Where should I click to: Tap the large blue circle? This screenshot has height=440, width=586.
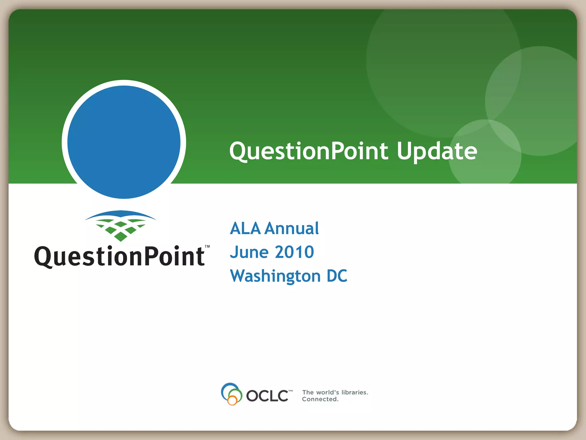(x=124, y=142)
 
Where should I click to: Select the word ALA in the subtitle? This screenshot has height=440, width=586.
(x=245, y=228)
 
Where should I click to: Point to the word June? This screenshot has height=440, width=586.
(x=249, y=252)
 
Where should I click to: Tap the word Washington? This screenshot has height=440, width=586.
(x=275, y=276)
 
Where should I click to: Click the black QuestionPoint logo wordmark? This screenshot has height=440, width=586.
(x=119, y=256)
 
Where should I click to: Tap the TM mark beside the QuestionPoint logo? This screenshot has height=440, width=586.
(x=207, y=247)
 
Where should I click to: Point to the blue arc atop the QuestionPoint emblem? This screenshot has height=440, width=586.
(x=120, y=214)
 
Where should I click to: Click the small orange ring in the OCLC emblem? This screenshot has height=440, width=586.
(x=232, y=400)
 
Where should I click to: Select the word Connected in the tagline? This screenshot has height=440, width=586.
(x=320, y=399)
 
